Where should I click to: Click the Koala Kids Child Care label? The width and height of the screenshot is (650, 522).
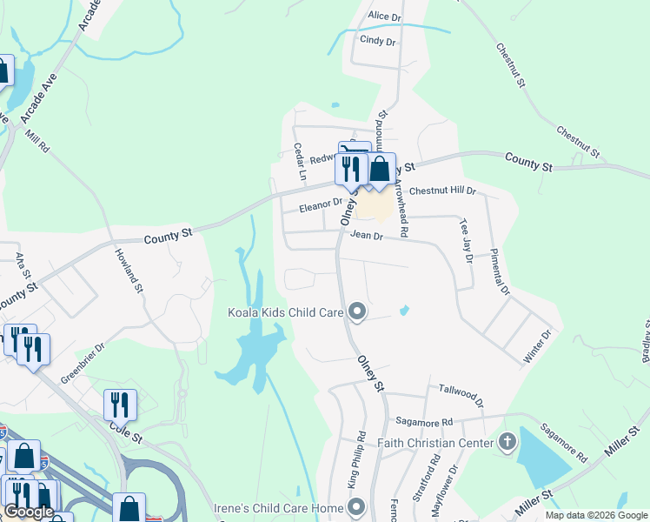click(285, 311)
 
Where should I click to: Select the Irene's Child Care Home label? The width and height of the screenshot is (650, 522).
click(278, 507)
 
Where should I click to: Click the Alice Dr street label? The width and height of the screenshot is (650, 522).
click(385, 17)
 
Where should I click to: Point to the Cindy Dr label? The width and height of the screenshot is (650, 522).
click(377, 41)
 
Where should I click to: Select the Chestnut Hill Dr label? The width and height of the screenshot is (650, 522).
click(442, 190)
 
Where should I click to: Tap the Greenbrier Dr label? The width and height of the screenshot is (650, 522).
click(83, 363)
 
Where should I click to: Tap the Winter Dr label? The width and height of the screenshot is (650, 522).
click(540, 345)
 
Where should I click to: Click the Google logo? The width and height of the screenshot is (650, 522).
click(28, 512)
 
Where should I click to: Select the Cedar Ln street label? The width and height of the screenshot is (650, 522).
click(299, 162)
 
